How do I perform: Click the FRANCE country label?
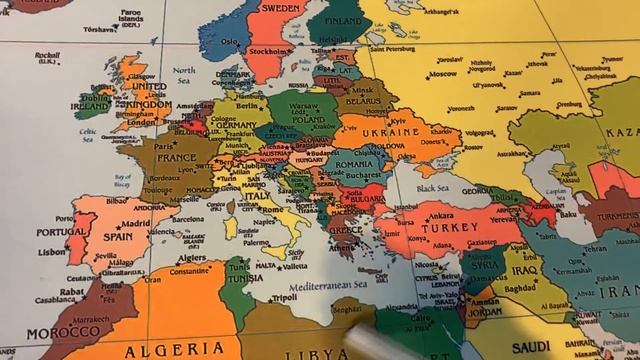(x=175, y=158)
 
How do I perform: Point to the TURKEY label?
(x=437, y=227)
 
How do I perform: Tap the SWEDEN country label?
(x=283, y=7)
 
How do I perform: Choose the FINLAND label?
(x=343, y=20)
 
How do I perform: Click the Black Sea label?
(x=432, y=188)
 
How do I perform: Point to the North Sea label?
(x=183, y=71)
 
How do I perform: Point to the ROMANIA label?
(x=354, y=164)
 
